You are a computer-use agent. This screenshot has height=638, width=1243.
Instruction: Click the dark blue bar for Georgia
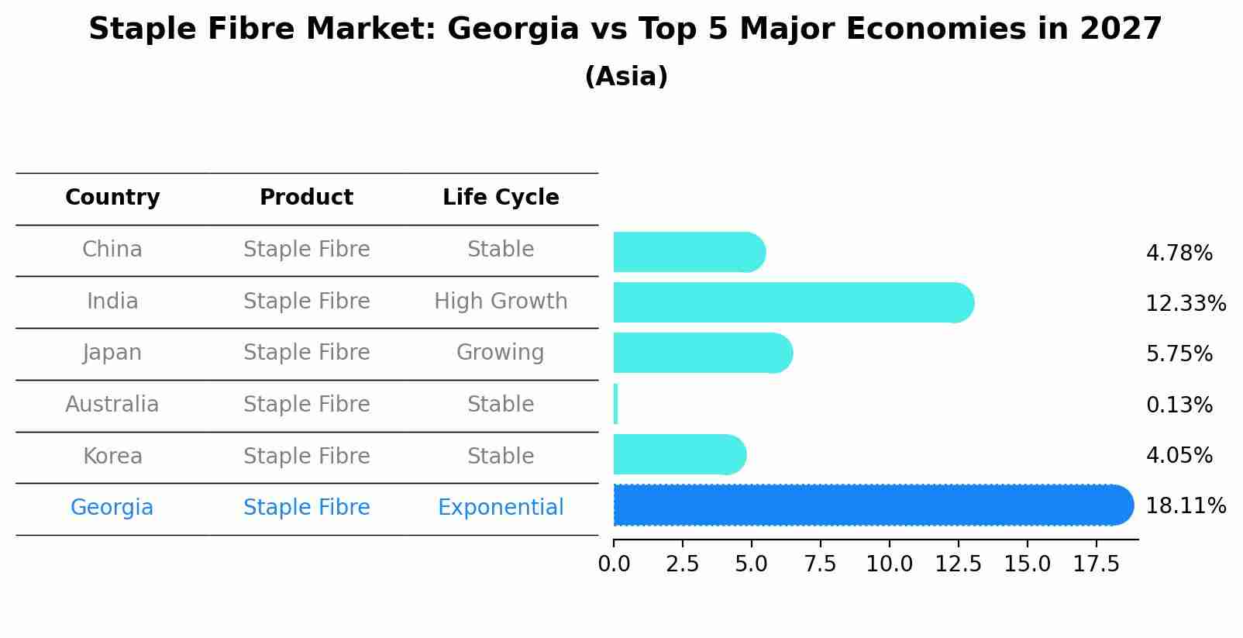pos(868,505)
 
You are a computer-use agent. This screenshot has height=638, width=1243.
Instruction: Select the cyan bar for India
pos(790,302)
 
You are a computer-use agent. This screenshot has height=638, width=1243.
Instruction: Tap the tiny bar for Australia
pos(616,404)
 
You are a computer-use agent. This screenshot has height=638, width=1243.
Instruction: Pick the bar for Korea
pos(678,454)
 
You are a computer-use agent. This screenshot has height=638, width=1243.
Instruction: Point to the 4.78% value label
pos(1179,253)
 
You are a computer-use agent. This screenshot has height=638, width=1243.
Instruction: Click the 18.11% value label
pos(1185,506)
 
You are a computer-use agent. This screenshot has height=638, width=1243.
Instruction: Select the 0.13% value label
pos(1179,405)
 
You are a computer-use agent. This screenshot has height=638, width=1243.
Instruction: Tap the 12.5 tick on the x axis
pos(958,564)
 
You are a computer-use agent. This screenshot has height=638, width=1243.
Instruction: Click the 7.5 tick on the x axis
pos(820,564)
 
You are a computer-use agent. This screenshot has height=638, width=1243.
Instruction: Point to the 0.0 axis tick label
pos(614,564)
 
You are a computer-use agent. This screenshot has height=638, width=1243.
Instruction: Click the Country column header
pos(112,198)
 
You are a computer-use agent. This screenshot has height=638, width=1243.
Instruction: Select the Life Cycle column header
pos(501,198)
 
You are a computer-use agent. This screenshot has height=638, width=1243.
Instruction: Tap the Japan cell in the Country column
pos(112,353)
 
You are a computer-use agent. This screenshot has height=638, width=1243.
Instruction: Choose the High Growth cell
pos(501,301)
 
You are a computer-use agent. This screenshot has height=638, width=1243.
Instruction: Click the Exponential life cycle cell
pos(501,508)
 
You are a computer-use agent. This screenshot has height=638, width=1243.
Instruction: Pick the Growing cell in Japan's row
pos(501,353)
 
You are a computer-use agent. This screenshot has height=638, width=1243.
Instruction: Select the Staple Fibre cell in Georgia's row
pos(306,508)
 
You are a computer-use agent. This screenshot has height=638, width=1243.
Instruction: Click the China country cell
pos(112,250)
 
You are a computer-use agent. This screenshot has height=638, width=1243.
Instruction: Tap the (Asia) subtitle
pos(626,77)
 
